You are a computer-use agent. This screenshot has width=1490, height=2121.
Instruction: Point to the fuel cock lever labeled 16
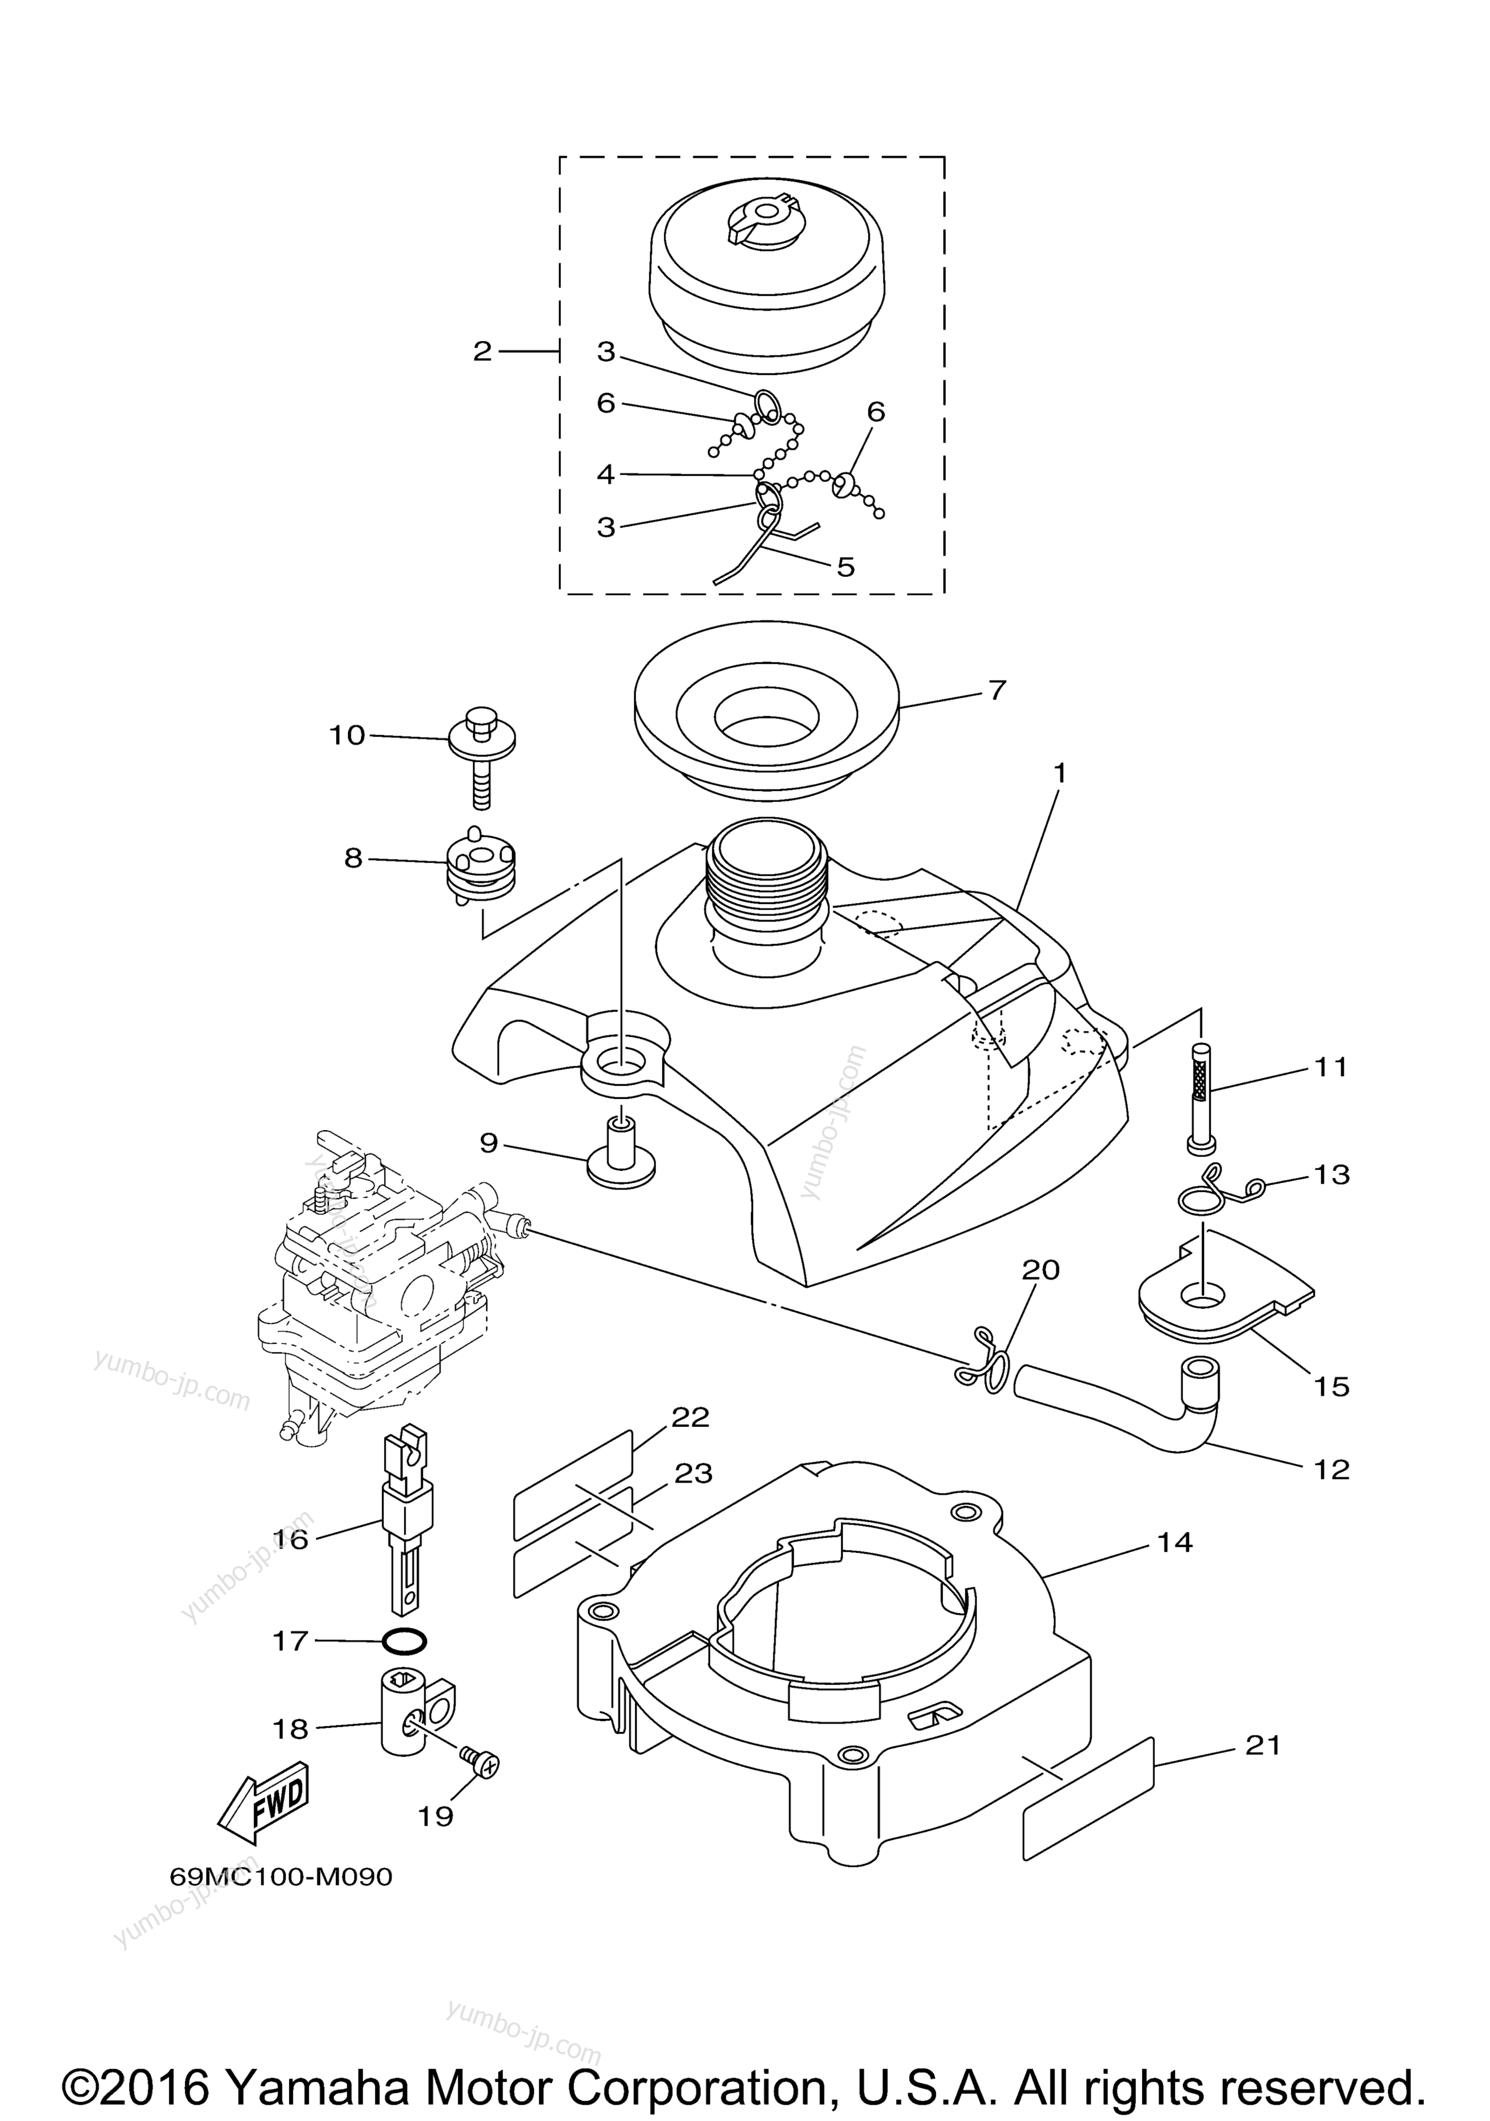[x=404, y=1515]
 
